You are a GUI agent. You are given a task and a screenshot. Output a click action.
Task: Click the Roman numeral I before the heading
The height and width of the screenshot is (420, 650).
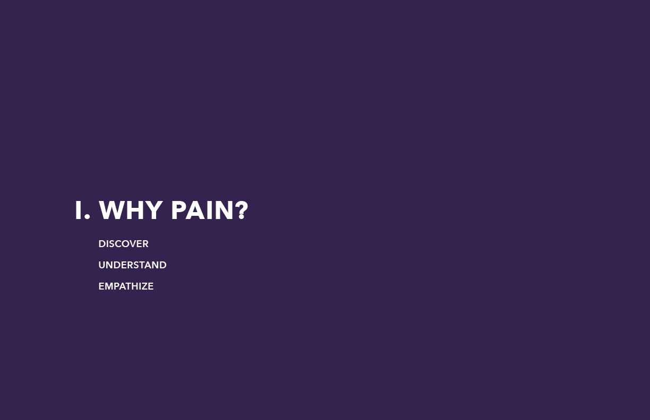tap(78, 210)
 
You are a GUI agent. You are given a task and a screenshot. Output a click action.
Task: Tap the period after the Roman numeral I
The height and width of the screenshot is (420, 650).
tap(87, 216)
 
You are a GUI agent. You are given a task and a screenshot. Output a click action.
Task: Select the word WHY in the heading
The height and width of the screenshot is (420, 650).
tap(131, 210)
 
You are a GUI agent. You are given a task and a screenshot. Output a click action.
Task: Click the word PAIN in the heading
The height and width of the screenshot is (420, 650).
tap(202, 210)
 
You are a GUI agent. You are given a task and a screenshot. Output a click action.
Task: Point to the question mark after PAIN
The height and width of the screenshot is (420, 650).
tap(242, 210)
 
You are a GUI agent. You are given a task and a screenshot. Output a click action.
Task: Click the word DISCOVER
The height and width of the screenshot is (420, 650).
tap(123, 244)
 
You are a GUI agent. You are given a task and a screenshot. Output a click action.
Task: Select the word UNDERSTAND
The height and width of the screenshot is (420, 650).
tap(132, 265)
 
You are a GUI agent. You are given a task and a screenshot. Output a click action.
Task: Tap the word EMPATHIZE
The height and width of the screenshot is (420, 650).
tap(126, 286)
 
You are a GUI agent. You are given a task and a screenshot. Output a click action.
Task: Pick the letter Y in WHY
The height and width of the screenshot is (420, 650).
tap(154, 210)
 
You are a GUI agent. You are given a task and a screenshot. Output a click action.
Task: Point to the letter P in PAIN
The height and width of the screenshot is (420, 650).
tap(178, 210)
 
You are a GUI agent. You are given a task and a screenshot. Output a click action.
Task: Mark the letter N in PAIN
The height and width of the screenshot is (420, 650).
tap(225, 210)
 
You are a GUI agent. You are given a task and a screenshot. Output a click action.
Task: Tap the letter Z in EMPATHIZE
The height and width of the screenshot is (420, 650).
tap(144, 286)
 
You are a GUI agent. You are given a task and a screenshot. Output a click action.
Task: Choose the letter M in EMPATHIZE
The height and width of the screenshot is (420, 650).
tap(108, 286)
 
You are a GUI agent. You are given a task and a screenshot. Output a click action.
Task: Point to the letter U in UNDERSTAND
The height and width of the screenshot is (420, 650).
tap(101, 265)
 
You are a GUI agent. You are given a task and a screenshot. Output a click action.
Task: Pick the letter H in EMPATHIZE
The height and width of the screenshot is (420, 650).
tap(134, 286)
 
